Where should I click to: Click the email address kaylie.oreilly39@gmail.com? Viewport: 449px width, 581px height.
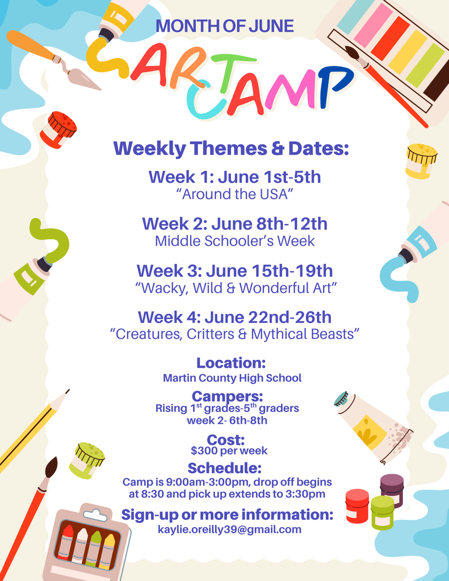tap(229, 529)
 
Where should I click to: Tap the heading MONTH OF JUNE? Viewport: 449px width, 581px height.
tap(225, 26)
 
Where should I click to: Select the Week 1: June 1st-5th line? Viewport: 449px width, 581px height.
tap(234, 177)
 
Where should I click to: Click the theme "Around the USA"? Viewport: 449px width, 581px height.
tap(234, 194)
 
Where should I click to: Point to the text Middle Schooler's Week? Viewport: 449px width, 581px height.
tap(234, 241)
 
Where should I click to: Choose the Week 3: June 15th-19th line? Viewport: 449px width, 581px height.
tap(234, 271)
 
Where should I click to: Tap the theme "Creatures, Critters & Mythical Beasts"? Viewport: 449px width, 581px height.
tap(234, 334)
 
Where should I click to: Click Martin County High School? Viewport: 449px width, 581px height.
tap(232, 378)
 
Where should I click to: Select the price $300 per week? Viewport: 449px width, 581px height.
tap(229, 451)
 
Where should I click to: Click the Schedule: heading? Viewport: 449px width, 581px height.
tap(225, 468)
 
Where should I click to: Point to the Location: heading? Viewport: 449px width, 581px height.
tap(231, 363)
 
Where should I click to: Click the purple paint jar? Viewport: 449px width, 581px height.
tap(392, 489)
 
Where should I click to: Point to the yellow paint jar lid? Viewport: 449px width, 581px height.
tap(422, 152)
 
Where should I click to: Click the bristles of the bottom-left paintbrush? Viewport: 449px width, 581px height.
tap(51, 468)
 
